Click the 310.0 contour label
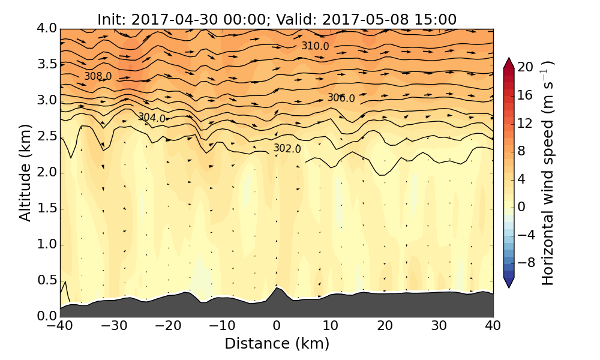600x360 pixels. (x=315, y=46)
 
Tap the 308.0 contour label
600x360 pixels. (x=98, y=77)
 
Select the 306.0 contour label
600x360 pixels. (x=341, y=98)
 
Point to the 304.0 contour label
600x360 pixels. (x=152, y=118)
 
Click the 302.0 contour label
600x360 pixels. (x=287, y=148)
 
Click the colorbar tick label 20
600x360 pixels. (x=526, y=67)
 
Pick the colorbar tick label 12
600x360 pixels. (x=526, y=123)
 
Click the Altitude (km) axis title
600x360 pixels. (x=25, y=172)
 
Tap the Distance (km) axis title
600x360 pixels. (x=277, y=344)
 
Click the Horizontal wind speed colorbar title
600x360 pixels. (x=548, y=173)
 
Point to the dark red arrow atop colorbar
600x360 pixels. (x=509, y=62)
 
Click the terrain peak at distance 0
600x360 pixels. (x=277, y=288)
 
